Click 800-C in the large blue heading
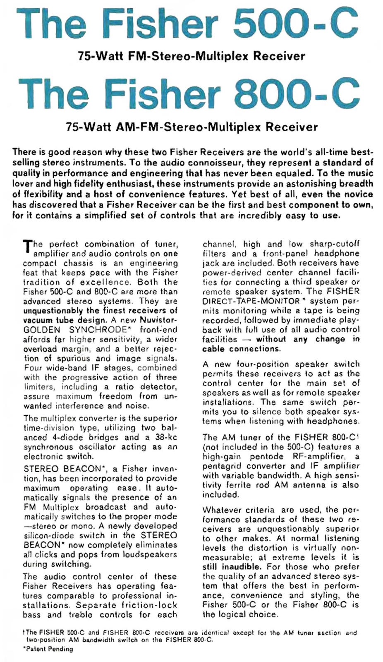297,94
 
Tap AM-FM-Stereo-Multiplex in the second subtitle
189,127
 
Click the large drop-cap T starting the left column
27,247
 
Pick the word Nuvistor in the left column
161,320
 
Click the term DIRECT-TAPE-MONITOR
251,301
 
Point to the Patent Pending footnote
48,649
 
